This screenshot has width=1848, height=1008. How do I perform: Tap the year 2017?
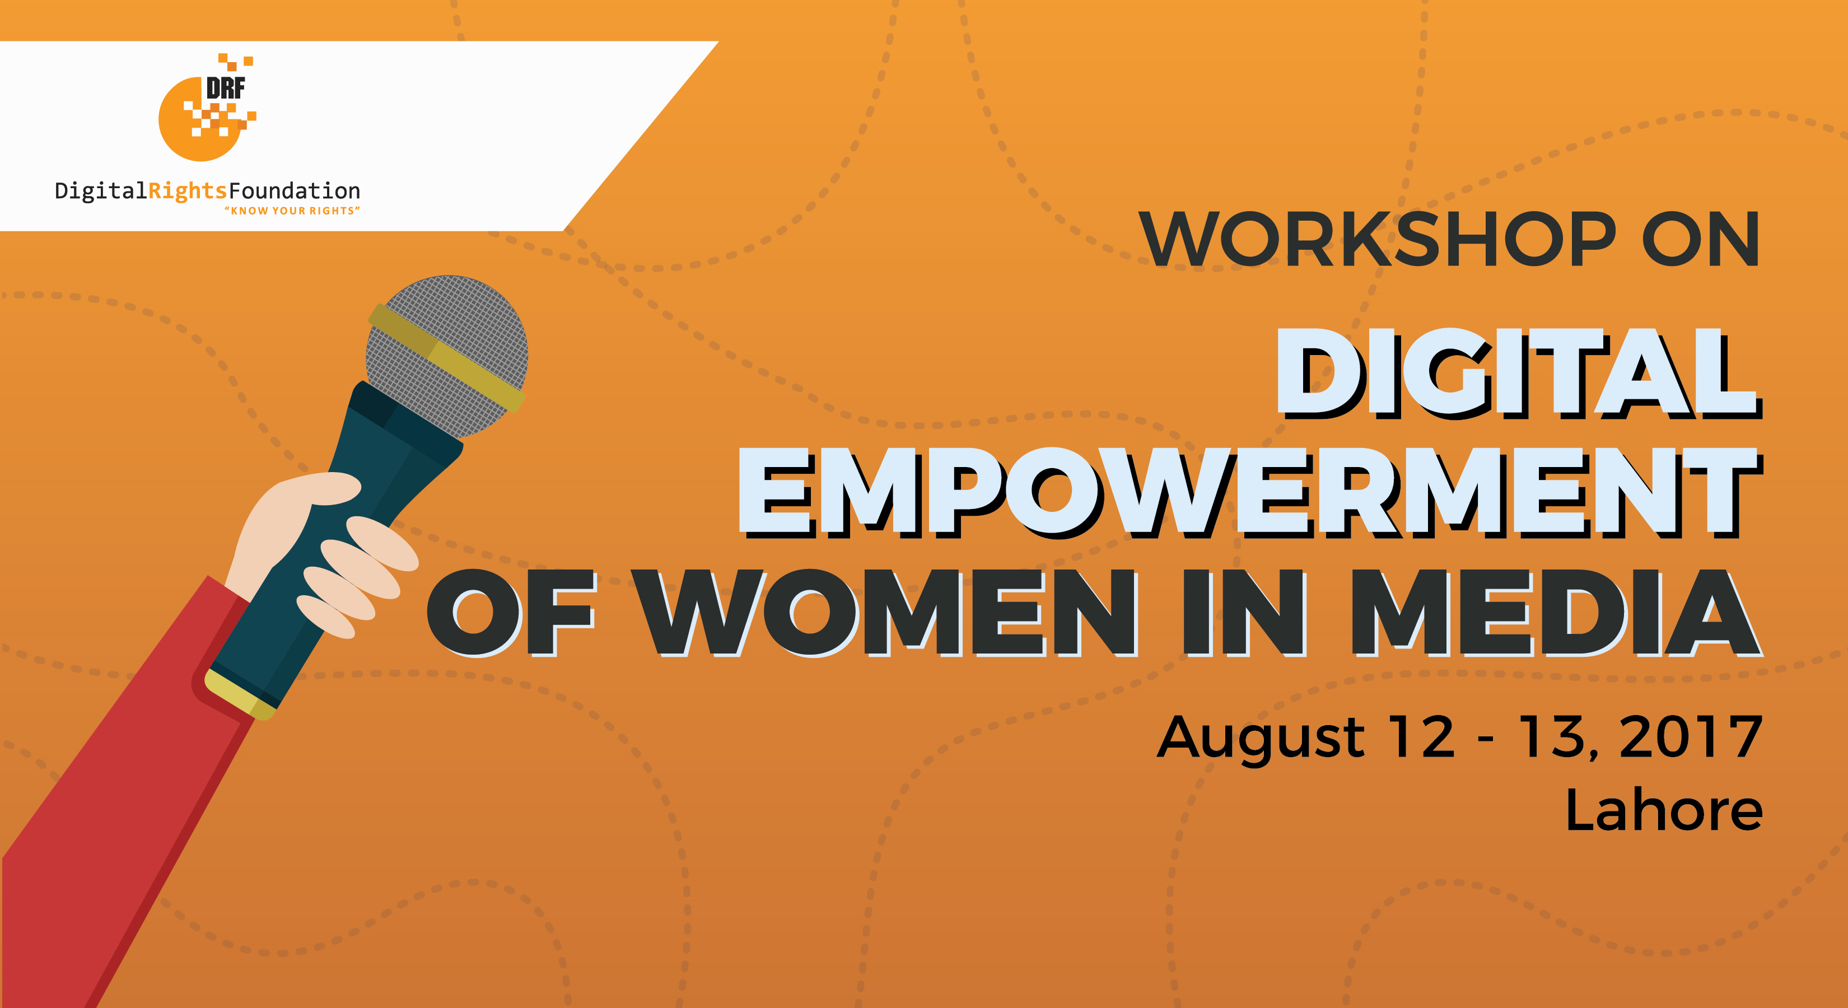pos(1690,737)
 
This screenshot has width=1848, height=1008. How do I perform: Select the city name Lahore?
pos(1664,809)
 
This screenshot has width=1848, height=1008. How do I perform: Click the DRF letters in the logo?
pos(225,87)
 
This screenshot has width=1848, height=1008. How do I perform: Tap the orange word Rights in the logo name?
pos(187,192)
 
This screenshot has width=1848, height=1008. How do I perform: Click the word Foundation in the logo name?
pos(294,191)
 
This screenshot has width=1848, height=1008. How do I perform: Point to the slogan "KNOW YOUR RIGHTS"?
pos(292,211)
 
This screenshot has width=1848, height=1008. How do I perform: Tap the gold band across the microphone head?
pos(446,357)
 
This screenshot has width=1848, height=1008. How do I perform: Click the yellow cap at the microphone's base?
pos(240,694)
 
